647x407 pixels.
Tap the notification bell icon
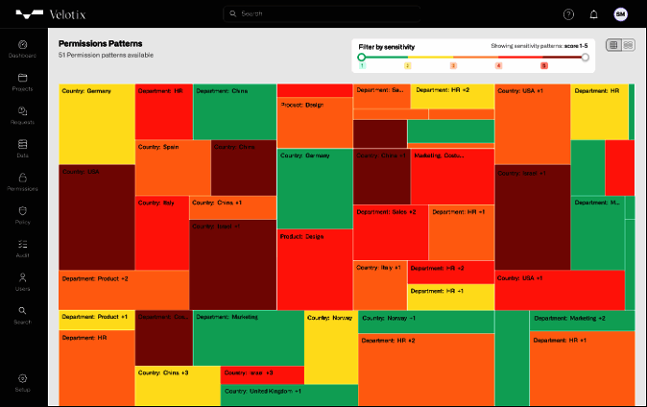coord(594,14)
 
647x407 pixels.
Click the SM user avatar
coord(620,14)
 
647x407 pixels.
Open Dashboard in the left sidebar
coord(22,49)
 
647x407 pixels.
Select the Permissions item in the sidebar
coord(22,181)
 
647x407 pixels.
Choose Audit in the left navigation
coord(22,248)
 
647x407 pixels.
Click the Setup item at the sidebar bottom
coord(22,382)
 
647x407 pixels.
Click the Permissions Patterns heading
coord(101,44)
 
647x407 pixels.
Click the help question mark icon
coord(568,14)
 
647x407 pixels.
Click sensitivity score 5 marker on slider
coord(544,65)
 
